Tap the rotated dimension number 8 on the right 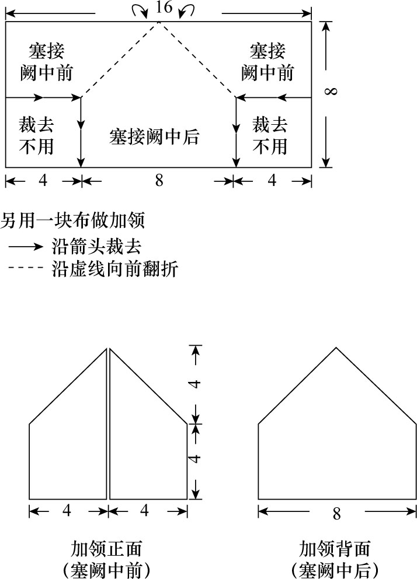[x=331, y=91]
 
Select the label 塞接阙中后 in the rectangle [x=154, y=136]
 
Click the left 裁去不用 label [x=36, y=135]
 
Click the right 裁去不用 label [x=270, y=135]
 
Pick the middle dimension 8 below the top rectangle [x=159, y=181]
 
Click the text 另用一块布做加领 [x=72, y=220]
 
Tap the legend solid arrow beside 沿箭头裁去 [x=26, y=246]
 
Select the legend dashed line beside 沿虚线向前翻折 [x=26, y=268]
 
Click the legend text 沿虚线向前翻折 [x=114, y=268]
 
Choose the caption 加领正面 [x=106, y=549]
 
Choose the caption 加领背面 [x=335, y=549]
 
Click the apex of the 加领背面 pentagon [x=336, y=348]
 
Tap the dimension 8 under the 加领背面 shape [x=336, y=514]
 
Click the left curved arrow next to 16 [x=140, y=9]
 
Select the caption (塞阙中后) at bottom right [x=335, y=570]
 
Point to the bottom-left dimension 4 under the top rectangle [x=43, y=181]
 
